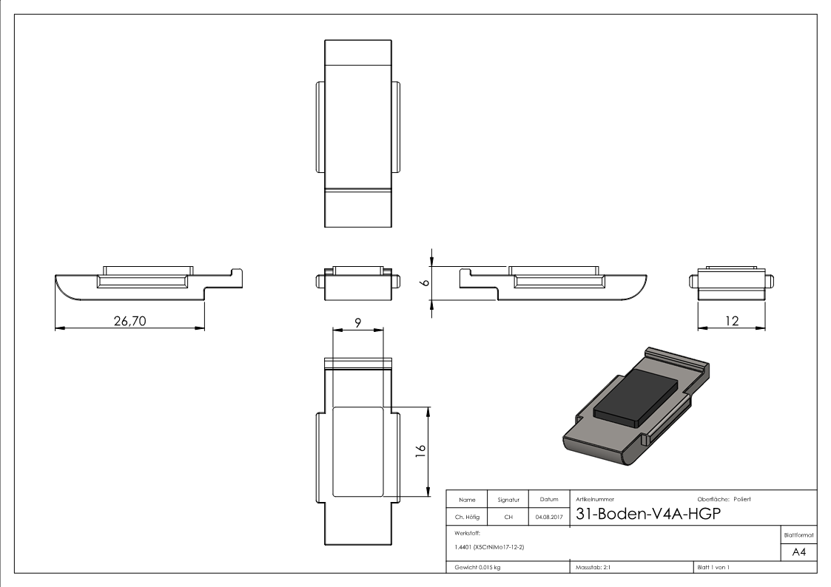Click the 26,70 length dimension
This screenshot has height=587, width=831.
129,322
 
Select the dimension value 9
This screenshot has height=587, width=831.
357,322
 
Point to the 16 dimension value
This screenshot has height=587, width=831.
420,450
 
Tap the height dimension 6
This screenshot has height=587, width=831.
423,282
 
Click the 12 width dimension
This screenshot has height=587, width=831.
732,322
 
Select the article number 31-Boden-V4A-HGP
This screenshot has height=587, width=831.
643,516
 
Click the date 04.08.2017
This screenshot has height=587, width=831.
548,518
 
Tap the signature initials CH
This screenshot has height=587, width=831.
508,518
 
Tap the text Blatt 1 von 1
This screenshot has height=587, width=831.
713,567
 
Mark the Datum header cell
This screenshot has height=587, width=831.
548,501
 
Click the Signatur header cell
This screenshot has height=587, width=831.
508,501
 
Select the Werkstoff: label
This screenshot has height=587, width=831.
465,532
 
